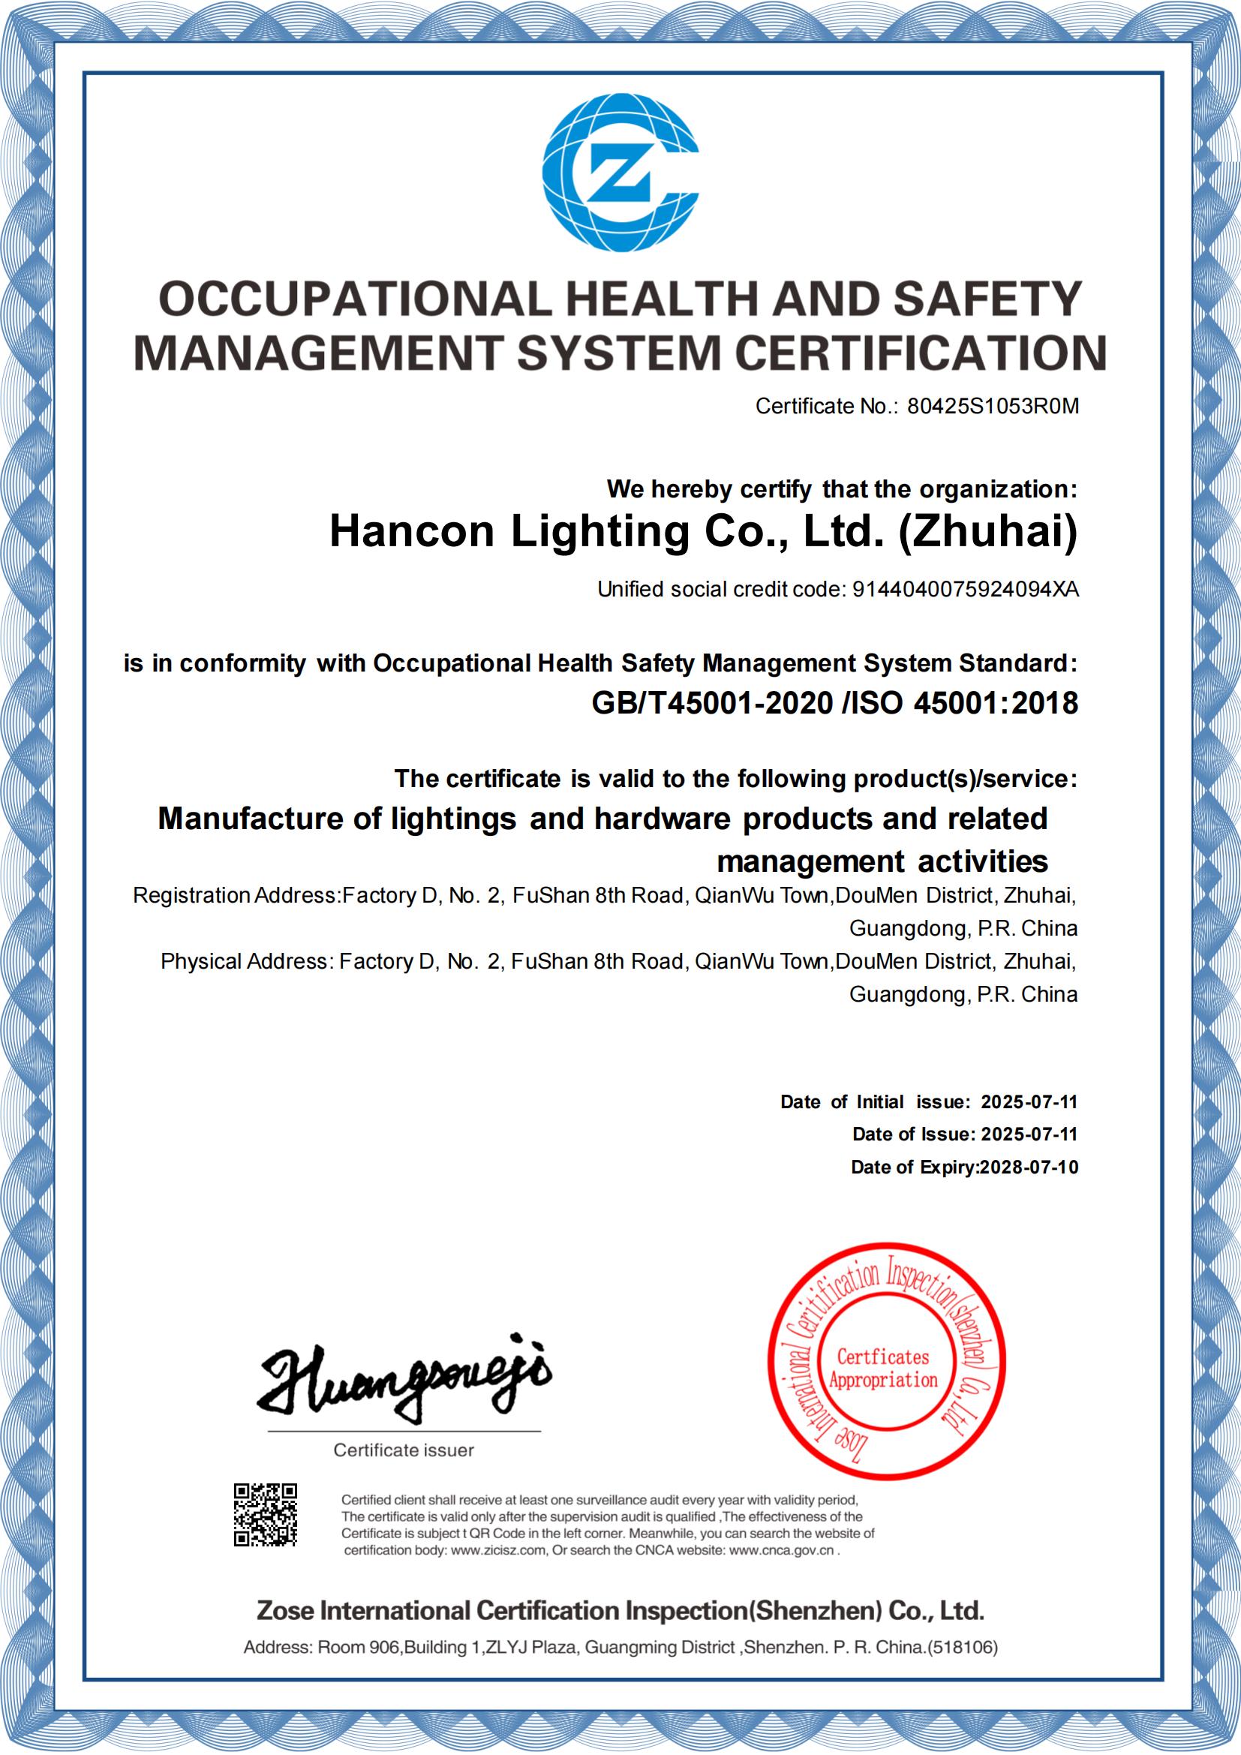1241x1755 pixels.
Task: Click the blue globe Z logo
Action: click(620, 173)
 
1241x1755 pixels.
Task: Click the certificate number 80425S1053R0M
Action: click(993, 406)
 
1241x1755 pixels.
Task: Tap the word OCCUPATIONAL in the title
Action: click(354, 299)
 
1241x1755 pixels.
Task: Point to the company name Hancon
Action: click(412, 530)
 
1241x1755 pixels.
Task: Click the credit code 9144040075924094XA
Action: click(965, 588)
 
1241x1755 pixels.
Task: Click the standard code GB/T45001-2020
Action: click(712, 702)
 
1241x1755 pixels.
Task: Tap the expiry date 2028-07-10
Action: click(1029, 1167)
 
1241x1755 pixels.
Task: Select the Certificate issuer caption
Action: click(404, 1450)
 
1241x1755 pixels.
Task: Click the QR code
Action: click(265, 1514)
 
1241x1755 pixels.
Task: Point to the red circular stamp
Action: click(886, 1361)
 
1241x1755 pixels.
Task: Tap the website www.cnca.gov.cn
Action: click(781, 1550)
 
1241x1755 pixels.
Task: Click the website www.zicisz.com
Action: click(498, 1550)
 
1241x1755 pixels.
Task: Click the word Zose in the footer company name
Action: click(285, 1610)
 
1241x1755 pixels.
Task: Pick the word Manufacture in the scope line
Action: click(251, 819)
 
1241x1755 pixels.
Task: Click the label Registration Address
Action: click(235, 895)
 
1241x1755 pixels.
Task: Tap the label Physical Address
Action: click(245, 961)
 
